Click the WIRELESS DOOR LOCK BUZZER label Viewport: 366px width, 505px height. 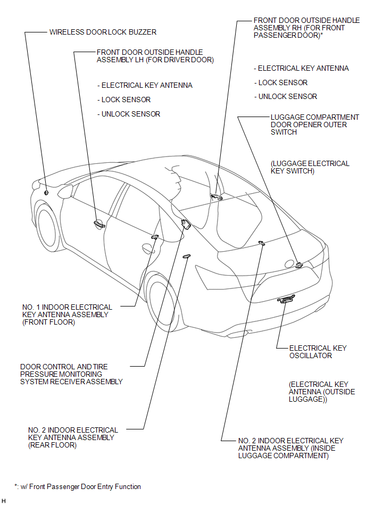(103, 32)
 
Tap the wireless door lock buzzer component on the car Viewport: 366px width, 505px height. (47, 193)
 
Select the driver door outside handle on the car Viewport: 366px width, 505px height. (98, 224)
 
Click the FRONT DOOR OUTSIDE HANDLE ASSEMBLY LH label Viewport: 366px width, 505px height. (155, 56)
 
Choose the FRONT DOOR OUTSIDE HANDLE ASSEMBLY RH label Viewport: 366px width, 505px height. (299, 28)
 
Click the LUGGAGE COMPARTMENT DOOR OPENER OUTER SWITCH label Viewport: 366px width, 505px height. (314, 125)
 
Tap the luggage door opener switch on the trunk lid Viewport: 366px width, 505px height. (299, 264)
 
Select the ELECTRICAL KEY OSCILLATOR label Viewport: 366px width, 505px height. (318, 352)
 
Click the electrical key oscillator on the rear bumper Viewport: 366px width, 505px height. (286, 300)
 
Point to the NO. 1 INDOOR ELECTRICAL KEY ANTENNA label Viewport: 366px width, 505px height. (67, 314)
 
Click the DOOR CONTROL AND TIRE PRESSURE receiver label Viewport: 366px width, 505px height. (71, 374)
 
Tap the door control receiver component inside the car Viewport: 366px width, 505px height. (186, 224)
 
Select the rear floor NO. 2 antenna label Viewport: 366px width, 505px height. (73, 437)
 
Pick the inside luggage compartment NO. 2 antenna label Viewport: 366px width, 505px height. (290, 448)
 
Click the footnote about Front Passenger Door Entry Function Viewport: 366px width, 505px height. (78, 486)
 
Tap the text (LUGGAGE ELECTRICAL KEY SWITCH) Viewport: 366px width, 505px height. (310, 167)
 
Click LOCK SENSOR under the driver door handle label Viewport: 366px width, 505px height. (126, 100)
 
